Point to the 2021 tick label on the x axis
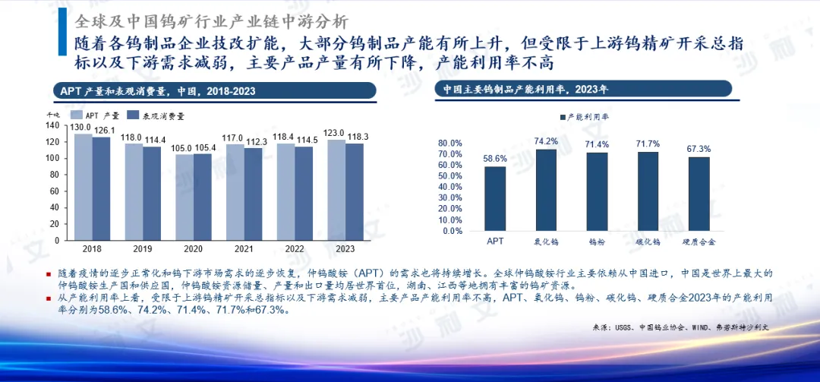[x=244, y=248]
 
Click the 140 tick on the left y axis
[x=52, y=125]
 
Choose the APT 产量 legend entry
[x=96, y=115]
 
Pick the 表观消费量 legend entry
[x=155, y=115]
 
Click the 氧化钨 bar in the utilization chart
[x=546, y=190]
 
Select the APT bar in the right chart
[x=495, y=198]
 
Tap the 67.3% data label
[x=699, y=149]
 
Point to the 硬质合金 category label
[x=699, y=242]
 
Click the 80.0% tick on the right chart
[x=450, y=143]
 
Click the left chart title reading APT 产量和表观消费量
[x=158, y=92]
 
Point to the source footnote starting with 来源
[x=680, y=327]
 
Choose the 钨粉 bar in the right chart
[x=597, y=191]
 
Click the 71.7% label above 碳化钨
[x=648, y=144]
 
